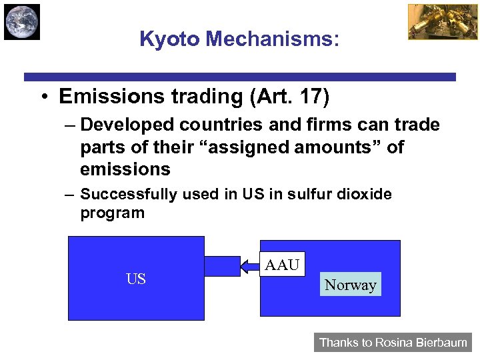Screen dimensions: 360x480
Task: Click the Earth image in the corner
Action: coord(22,21)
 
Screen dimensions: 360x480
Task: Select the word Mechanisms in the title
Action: coord(273,39)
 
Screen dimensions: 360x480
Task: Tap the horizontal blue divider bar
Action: coord(240,77)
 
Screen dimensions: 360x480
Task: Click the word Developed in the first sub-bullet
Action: coord(123,125)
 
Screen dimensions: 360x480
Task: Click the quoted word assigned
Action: coord(237,147)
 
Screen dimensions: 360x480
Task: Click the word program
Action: coord(112,213)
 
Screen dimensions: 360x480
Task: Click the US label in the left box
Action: coord(136,279)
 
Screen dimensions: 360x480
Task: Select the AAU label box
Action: coord(282,265)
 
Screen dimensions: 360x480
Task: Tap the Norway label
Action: coord(350,285)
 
